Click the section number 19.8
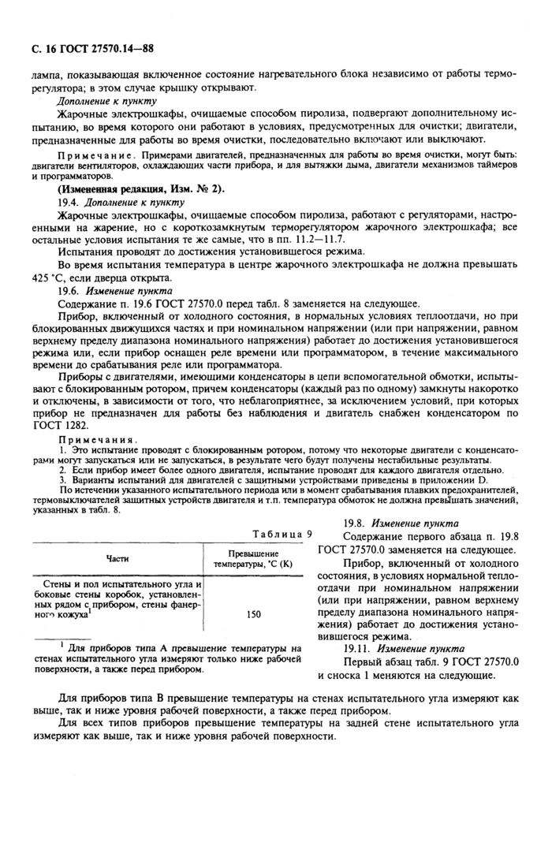(x=357, y=523)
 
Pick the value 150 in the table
(x=254, y=613)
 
